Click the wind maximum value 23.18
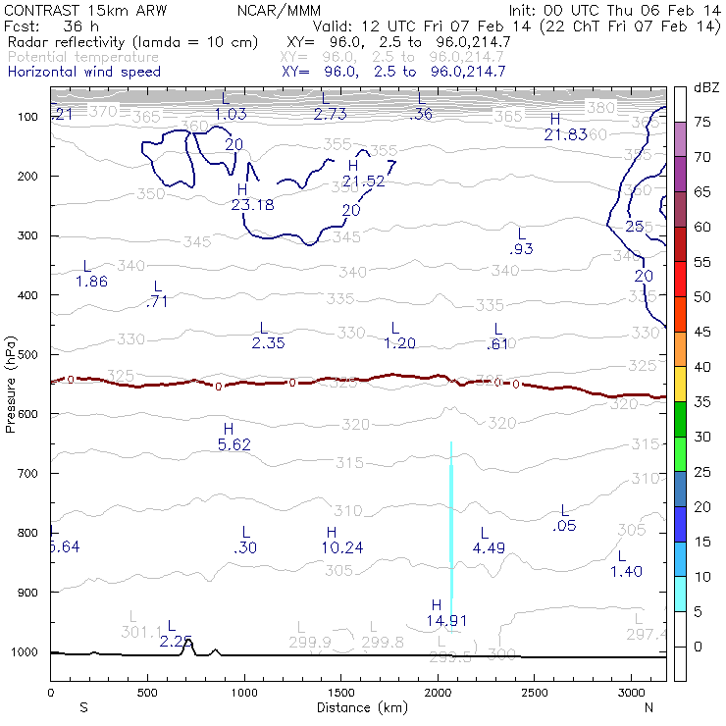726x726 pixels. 252,205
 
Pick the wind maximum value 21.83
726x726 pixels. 566,134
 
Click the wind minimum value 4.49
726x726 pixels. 488,547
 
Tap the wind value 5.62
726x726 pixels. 236,444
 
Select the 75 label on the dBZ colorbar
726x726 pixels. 702,123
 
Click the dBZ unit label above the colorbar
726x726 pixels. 705,88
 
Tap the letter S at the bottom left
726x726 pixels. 83,707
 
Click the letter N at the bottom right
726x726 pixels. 649,707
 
